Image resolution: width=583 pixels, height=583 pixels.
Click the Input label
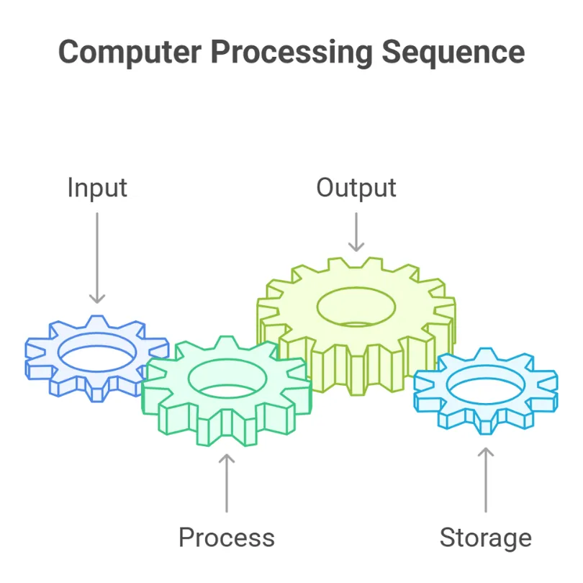point(97,188)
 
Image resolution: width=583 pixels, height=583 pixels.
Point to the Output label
point(356,188)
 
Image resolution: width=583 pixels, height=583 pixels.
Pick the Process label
point(227,538)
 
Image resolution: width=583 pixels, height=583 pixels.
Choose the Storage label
point(486,538)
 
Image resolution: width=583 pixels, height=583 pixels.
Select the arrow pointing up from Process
point(227,482)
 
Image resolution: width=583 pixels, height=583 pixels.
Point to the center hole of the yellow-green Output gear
point(356,306)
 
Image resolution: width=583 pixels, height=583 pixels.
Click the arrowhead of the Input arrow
point(97,299)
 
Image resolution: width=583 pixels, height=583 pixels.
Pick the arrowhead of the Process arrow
point(227,457)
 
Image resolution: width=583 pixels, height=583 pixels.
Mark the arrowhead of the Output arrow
point(356,247)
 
